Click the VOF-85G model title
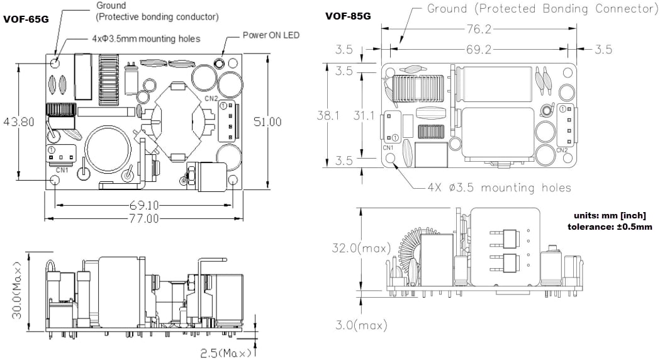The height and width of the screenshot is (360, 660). [347, 16]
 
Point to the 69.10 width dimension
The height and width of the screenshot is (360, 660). [143, 205]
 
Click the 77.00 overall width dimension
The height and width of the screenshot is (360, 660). [143, 218]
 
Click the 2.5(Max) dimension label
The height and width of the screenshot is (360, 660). [226, 353]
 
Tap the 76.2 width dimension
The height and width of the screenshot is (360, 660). [478, 30]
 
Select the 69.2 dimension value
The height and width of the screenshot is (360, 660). [478, 49]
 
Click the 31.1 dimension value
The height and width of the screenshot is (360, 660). [364, 116]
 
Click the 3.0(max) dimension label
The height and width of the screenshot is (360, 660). [360, 325]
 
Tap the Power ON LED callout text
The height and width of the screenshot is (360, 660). [272, 35]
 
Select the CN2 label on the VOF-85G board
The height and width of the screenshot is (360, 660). [562, 150]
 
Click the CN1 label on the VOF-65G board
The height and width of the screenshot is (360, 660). [62, 170]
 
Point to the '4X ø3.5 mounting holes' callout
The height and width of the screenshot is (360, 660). [499, 188]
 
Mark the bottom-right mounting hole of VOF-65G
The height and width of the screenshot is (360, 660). [233, 181]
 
